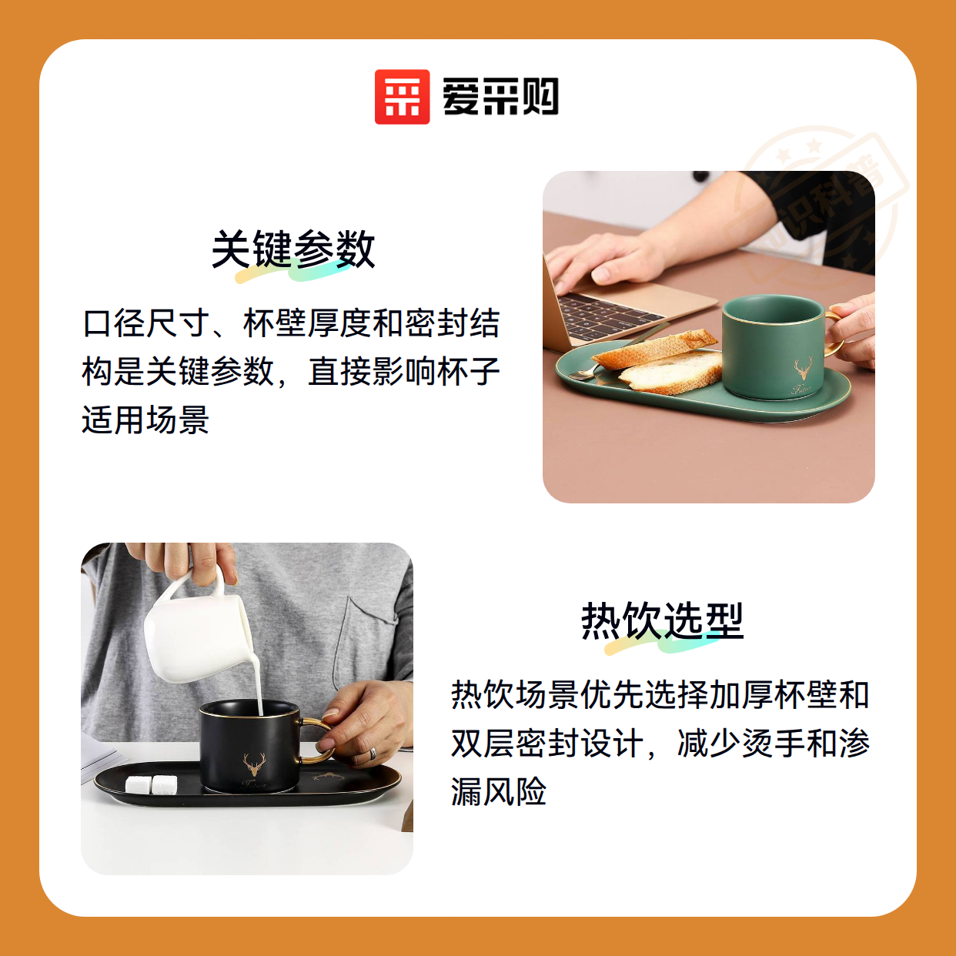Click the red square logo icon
pos(402,97)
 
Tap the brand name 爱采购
pos(500,97)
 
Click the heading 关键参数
pos(293,249)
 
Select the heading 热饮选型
pos(663,620)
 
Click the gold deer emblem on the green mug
pos(803,368)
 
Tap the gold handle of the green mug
pos(835,334)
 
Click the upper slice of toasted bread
pos(655,348)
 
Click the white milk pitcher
pos(199,626)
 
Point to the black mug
pos(250,745)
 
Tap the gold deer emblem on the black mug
pos(254,764)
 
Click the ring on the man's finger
pos(373,754)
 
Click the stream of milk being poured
pos(258,680)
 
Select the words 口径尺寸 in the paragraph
pos(146,323)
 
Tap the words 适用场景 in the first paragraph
pos(145,420)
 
